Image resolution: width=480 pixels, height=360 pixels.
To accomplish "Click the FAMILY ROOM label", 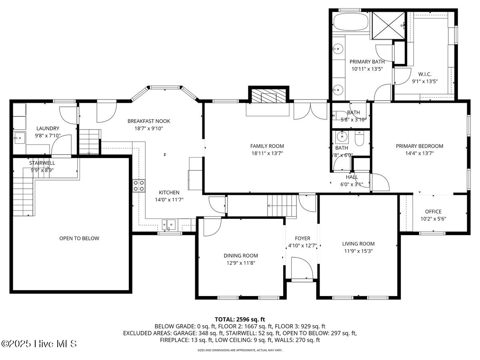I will pos(267,146).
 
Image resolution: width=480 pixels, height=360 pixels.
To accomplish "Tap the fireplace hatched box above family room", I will pos(268,96).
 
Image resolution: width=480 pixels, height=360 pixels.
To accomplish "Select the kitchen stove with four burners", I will pos(139,186).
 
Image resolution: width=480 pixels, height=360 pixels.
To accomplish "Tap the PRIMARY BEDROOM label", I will pos(419,146).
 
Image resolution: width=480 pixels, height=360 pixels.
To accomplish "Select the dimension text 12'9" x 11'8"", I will pos(240,263).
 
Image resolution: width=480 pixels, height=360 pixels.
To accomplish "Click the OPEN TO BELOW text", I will pos(79,238).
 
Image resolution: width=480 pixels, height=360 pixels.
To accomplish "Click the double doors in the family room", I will pos(310,111).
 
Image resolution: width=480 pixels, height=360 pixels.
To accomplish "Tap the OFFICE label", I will pos(433,212).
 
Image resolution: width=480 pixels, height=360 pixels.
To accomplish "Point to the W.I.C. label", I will pos(424,74).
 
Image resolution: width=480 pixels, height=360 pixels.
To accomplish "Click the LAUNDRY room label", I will pos(48,128).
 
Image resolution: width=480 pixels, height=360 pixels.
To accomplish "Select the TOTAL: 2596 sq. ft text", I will pos(240,319).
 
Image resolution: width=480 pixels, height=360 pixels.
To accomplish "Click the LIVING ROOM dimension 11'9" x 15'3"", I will pos(358,251).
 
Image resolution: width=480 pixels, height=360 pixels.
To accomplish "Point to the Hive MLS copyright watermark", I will pos(39,344).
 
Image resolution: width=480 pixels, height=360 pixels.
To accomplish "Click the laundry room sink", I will pos(18,139).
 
